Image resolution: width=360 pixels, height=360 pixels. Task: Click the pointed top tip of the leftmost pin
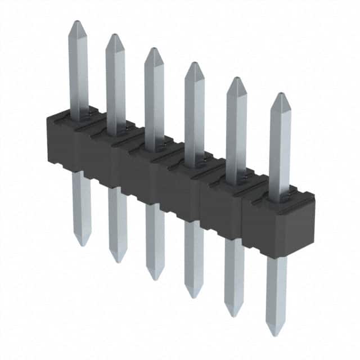pos(76,22)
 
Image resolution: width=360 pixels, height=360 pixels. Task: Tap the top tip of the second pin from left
pos(114,35)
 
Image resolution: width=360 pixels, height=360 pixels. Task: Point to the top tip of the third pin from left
pos(152,49)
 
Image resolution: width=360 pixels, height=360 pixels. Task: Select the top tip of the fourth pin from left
pos(193,63)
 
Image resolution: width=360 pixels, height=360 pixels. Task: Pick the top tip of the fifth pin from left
pos(236,78)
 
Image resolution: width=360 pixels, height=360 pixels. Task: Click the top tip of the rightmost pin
pos(280,94)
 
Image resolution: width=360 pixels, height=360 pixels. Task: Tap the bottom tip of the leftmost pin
pos(82,245)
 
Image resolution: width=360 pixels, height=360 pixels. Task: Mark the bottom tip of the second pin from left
pos(118,262)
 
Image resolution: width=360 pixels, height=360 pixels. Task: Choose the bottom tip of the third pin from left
pos(155,279)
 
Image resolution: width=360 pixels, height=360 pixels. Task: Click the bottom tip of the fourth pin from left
pos(193,297)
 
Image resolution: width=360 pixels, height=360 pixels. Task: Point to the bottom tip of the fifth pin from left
pos(233,316)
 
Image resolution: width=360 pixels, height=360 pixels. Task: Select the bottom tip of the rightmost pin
pos(276,335)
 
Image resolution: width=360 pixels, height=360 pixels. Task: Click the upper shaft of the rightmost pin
pos(280,146)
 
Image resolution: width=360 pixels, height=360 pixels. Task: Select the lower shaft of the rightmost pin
pos(276,292)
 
